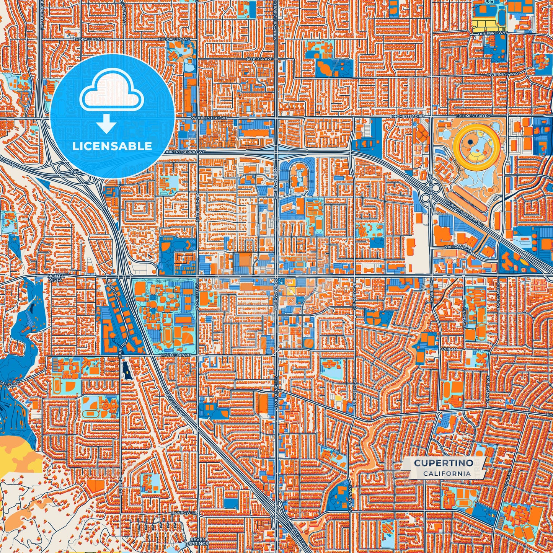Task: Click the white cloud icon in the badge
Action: [111, 93]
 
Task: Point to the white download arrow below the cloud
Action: [107, 124]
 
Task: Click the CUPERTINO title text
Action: [443, 463]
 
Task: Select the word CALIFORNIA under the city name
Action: [447, 473]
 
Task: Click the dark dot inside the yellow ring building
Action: [470, 142]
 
